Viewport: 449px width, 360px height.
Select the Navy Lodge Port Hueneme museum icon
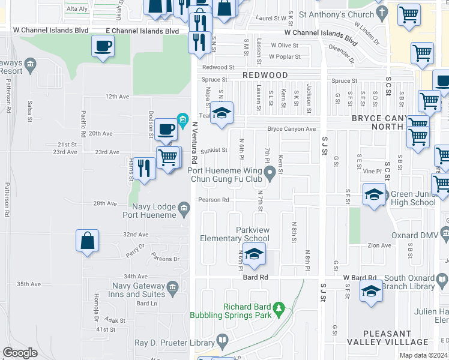184,208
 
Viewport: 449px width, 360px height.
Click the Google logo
20,353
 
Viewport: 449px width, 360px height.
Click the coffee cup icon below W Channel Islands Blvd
103,46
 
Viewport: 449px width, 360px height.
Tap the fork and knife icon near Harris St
143,167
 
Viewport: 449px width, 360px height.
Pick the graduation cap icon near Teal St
221,113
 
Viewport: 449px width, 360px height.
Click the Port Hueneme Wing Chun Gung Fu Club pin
271,174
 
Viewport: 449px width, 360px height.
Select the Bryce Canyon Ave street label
291,129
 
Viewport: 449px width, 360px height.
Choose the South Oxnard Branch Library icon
442,280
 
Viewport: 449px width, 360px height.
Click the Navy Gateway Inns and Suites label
128,290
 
